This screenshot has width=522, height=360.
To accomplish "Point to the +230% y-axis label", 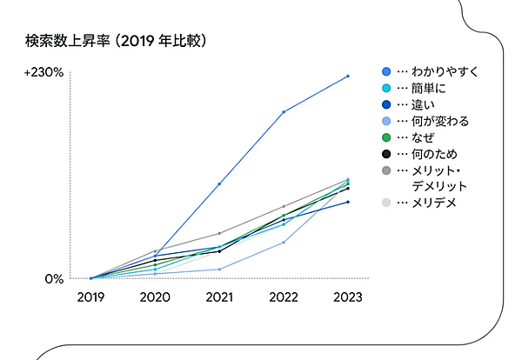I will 44,73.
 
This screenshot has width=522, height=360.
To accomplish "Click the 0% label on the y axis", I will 54,279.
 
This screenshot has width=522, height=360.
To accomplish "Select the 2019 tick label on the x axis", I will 90,297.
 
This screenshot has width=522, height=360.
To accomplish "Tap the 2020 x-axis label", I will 155,297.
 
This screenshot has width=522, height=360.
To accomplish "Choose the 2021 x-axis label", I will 219,297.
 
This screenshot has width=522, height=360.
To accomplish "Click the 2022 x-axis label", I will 284,297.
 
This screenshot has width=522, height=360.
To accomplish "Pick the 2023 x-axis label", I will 348,297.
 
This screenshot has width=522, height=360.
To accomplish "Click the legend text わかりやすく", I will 445,71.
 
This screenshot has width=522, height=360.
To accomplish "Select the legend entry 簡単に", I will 432,88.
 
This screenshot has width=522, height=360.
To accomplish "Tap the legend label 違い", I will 426,104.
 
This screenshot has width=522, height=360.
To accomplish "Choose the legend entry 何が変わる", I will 439,121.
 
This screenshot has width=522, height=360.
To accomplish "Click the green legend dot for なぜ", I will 386,137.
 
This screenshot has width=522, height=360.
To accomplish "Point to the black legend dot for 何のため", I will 386,154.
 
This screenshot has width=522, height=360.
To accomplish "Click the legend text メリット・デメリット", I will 439,178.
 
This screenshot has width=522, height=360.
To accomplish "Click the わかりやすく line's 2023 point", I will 348,77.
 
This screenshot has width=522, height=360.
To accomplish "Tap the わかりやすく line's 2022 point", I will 284,112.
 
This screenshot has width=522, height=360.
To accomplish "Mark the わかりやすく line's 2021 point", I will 219,184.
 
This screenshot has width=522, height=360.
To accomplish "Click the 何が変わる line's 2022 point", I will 284,243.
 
